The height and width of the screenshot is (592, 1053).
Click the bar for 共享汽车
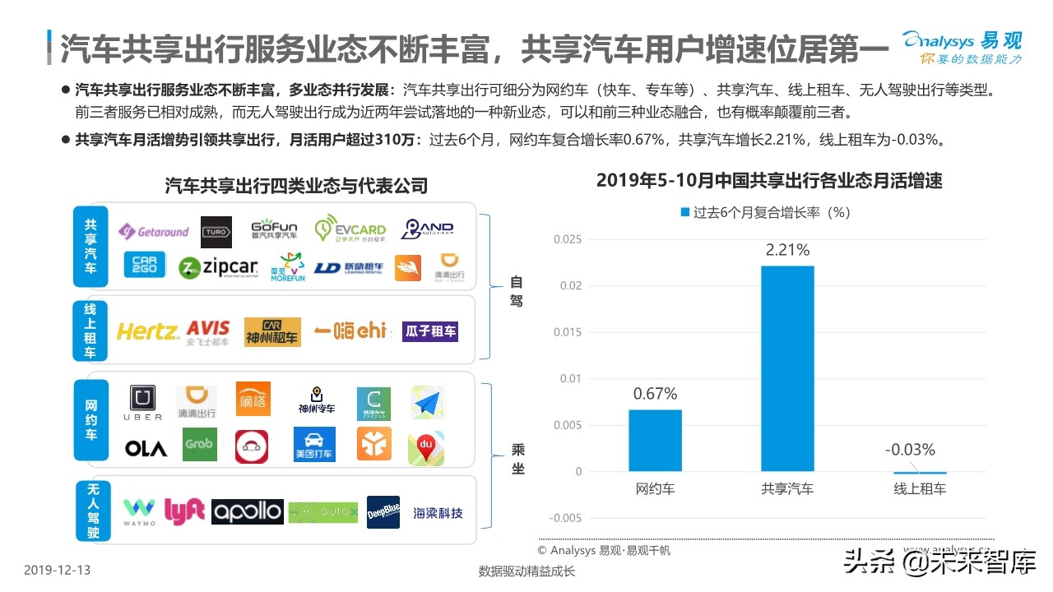pos(787,368)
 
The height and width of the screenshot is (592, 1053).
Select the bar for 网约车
pos(656,440)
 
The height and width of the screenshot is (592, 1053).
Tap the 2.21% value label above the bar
pos(787,250)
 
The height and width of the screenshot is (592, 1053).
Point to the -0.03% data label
pos(910,450)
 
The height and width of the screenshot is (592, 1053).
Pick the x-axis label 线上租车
pos(920,489)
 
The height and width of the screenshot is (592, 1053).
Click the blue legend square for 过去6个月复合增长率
pos(684,212)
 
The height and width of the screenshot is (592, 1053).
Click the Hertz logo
pos(147,331)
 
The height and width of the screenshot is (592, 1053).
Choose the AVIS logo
pos(208,331)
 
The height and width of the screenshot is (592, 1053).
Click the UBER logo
pos(143,404)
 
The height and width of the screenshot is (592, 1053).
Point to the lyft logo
pos(183,511)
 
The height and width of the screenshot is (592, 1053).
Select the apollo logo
pos(247,511)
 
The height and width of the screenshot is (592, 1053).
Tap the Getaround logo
pos(154,232)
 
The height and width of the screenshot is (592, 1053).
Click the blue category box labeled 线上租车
pos(90,330)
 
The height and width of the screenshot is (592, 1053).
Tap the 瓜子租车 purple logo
pos(429,331)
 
